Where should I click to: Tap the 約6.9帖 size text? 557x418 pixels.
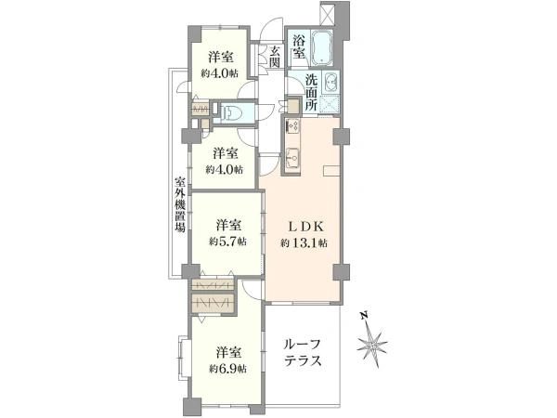tap(227, 369)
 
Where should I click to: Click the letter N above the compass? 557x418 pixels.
tap(367, 315)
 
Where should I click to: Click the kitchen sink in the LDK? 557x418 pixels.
tap(291, 156)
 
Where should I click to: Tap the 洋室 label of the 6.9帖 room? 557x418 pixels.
tap(227, 352)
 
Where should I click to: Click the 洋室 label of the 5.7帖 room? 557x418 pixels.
tap(228, 225)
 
